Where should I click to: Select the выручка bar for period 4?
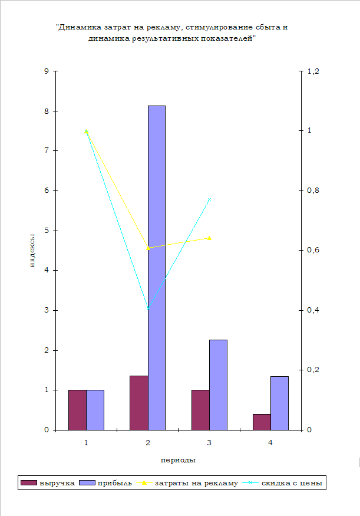point(262,422)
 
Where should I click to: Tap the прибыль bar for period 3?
point(218,384)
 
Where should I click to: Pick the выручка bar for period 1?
point(77,409)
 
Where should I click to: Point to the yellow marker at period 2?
point(148,248)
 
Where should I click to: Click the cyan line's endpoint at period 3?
point(209,200)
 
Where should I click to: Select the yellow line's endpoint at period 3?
point(209,238)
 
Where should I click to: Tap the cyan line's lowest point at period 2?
point(148,308)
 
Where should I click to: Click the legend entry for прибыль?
point(107,483)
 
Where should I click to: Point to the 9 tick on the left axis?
point(47,71)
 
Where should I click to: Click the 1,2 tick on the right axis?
point(312,71)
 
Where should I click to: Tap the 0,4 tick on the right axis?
point(312,310)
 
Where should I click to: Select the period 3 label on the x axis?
point(209,442)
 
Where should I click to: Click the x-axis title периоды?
point(178,459)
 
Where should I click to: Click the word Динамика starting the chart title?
point(79,27)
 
